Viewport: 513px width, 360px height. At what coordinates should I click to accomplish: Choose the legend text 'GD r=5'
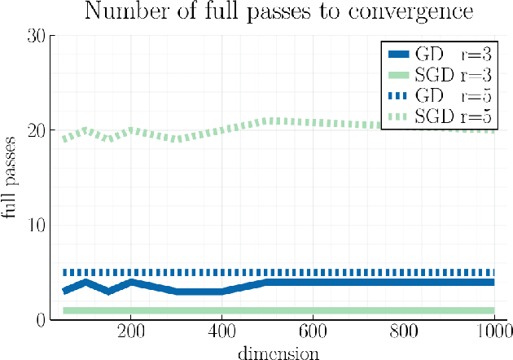tap(463, 96)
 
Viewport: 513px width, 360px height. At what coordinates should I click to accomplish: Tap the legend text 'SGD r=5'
tap(463, 116)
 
